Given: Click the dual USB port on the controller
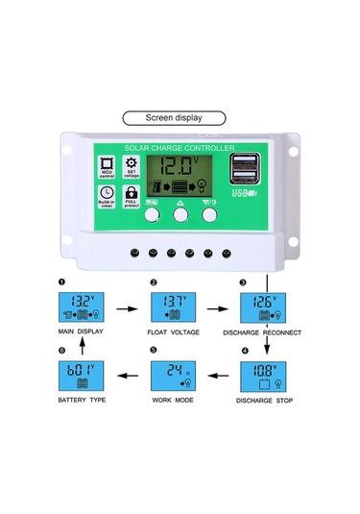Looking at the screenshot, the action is coord(243,168).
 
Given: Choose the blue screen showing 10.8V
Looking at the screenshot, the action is coord(262,374).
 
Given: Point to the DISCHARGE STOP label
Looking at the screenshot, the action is coord(262,398).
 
